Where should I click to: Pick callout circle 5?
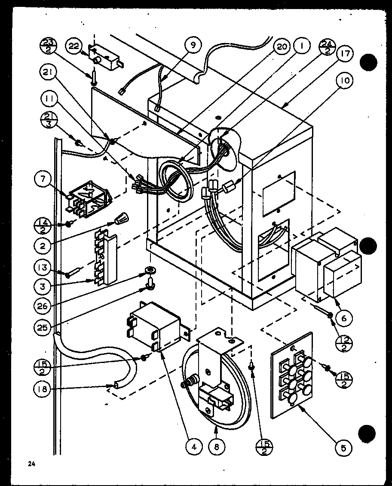click(343, 447)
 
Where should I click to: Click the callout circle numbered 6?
click(344, 318)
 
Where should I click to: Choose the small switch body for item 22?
click(104, 58)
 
